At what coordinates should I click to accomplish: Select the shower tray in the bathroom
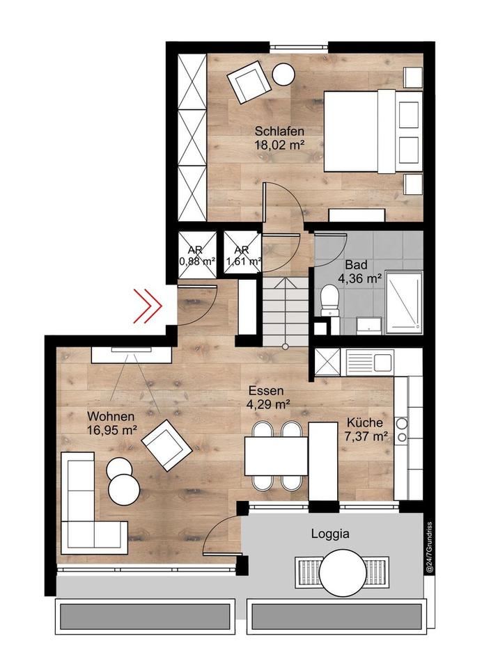click(x=404, y=302)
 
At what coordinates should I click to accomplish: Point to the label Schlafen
click(x=279, y=131)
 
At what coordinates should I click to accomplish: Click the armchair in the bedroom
click(x=247, y=81)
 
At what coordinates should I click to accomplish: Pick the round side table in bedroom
click(x=284, y=74)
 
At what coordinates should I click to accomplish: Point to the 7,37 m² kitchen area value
click(x=366, y=436)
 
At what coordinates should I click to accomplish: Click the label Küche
click(x=365, y=423)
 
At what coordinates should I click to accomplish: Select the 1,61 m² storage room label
click(x=242, y=262)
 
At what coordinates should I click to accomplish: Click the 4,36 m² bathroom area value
click(x=359, y=278)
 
